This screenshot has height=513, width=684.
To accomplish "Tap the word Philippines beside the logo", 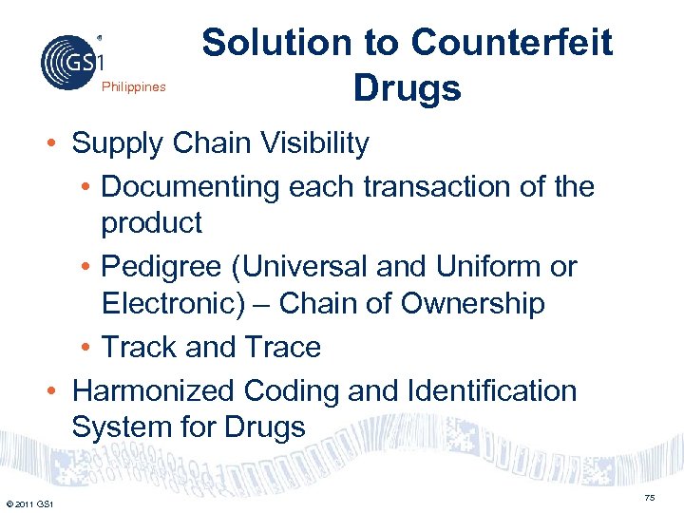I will [x=134, y=87].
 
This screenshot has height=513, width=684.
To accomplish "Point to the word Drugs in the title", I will [x=407, y=89].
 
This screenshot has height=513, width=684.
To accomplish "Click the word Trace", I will [x=282, y=348].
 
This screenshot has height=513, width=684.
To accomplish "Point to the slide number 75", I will [x=650, y=497].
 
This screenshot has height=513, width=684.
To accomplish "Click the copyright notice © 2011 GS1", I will [x=29, y=503].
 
